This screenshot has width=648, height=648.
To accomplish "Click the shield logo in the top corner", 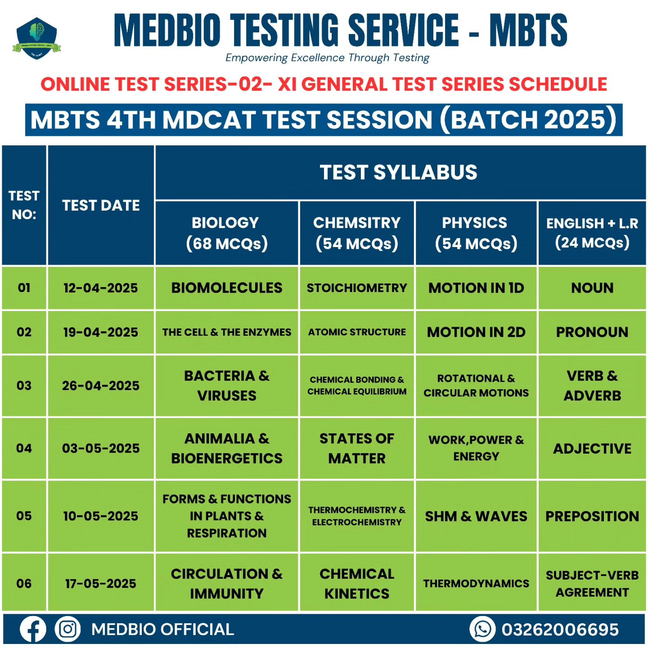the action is click(36, 38).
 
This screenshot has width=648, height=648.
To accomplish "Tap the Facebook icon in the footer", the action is click(32, 629).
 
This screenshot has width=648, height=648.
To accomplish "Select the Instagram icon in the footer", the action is click(67, 629).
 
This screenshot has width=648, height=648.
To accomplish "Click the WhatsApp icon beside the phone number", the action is click(482, 629).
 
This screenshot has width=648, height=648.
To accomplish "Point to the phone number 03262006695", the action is click(560, 630).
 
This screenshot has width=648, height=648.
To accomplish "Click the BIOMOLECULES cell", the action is click(227, 288).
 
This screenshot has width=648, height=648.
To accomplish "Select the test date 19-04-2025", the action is click(100, 332).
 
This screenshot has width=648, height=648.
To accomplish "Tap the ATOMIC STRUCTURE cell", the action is click(357, 332).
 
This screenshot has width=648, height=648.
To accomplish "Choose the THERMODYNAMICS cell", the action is click(476, 584).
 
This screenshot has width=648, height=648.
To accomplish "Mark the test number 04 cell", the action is click(24, 449).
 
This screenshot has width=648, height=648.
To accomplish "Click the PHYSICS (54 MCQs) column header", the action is click(476, 233).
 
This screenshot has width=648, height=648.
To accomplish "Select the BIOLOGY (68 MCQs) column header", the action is click(227, 233).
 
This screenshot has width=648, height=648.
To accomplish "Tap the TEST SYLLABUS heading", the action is click(399, 172).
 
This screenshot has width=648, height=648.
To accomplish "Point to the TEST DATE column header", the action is click(101, 206).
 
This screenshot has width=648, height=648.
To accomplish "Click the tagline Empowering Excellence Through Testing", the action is click(327, 58).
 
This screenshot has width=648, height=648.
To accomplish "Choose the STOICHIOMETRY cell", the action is click(357, 288).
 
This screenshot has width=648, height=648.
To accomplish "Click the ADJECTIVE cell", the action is click(592, 449).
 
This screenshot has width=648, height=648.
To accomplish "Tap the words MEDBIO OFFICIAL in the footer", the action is click(163, 630).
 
